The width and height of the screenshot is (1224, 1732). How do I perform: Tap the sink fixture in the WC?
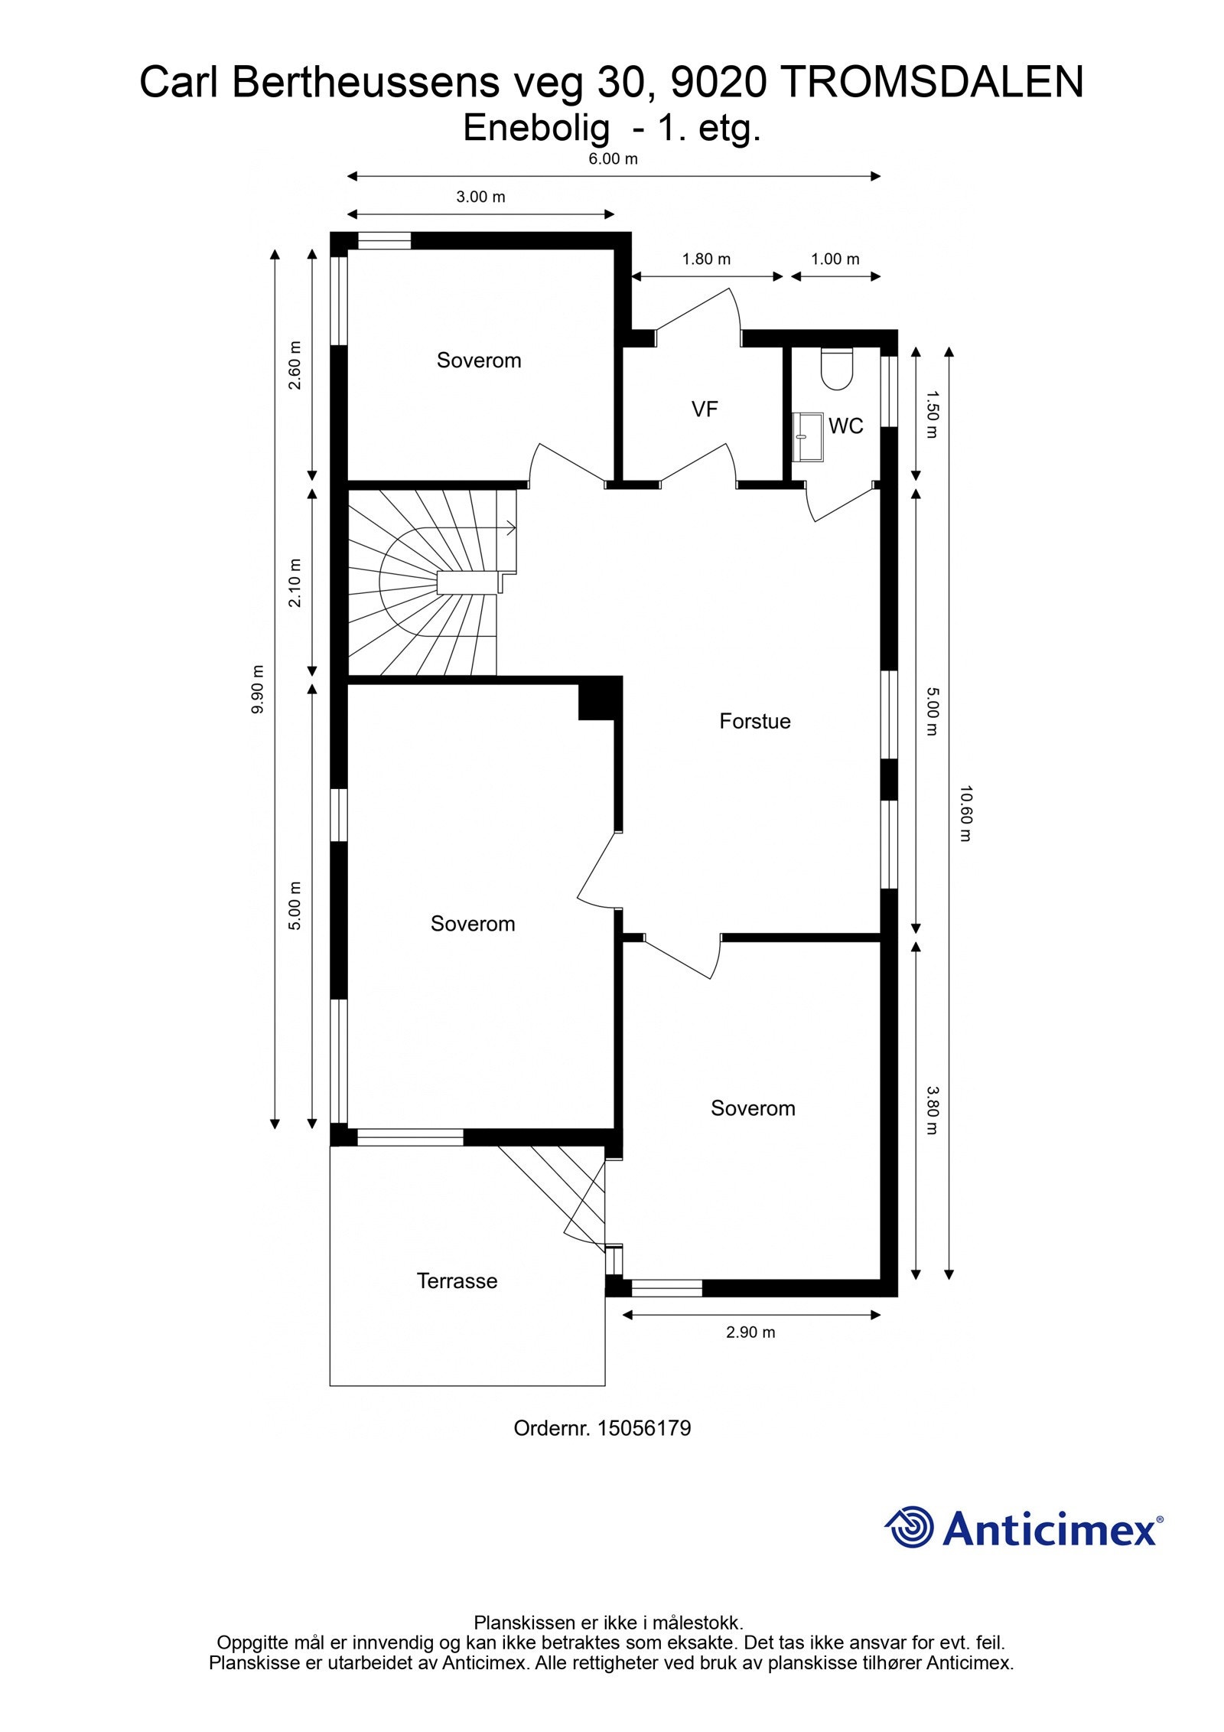[806, 437]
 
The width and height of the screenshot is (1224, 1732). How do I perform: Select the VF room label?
[704, 409]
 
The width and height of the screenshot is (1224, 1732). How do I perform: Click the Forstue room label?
[754, 721]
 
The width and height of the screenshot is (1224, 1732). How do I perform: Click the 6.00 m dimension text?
[613, 159]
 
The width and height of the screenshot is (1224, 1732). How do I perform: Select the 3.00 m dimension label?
[480, 197]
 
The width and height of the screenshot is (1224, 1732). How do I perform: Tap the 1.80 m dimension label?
[706, 259]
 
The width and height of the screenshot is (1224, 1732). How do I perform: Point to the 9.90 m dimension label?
[258, 689]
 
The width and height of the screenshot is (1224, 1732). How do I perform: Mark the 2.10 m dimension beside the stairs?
[295, 582]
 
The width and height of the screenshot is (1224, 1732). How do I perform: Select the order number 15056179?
[643, 1428]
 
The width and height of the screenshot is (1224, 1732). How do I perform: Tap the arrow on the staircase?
[509, 527]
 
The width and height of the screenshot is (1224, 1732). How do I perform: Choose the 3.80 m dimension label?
[932, 1111]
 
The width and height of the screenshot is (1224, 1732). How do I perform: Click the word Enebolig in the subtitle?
[535, 128]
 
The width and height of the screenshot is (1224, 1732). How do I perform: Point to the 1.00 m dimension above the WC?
[835, 259]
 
